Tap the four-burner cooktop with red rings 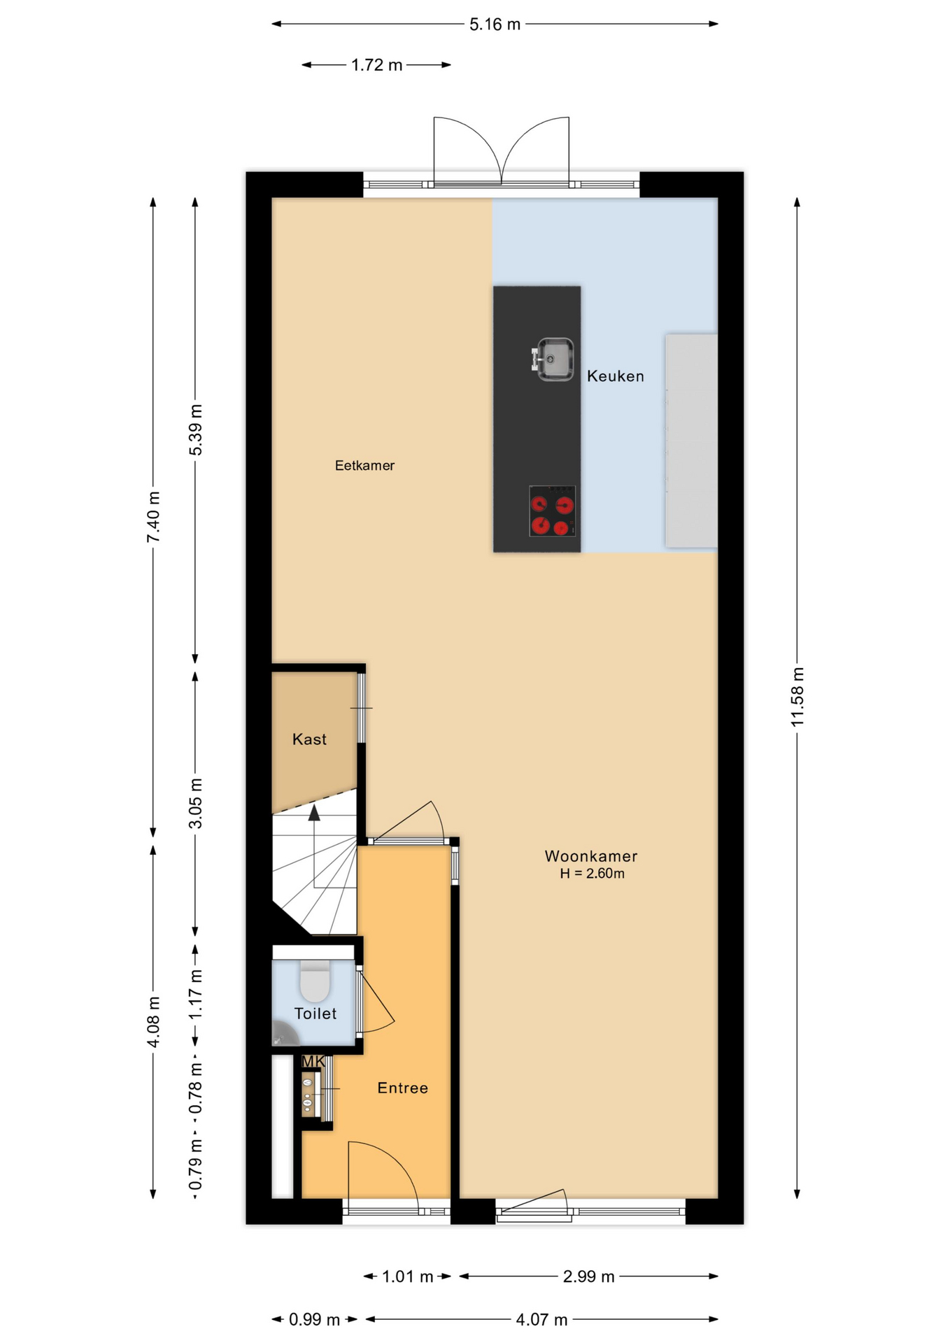click(x=552, y=511)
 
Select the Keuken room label click(x=615, y=376)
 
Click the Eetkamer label click(x=364, y=466)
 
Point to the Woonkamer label click(x=591, y=856)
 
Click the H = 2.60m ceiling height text click(x=592, y=874)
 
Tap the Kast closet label click(x=309, y=739)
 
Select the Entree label click(x=402, y=1088)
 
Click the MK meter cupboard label click(x=313, y=1062)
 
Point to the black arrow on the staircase click(x=314, y=812)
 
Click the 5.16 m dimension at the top click(x=495, y=24)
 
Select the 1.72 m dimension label click(x=376, y=65)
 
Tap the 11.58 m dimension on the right click(x=797, y=697)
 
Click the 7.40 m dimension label click(x=153, y=517)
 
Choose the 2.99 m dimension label click(x=588, y=1277)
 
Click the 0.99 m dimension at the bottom click(x=314, y=1320)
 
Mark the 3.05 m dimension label click(x=196, y=803)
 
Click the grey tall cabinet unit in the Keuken click(x=691, y=441)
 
